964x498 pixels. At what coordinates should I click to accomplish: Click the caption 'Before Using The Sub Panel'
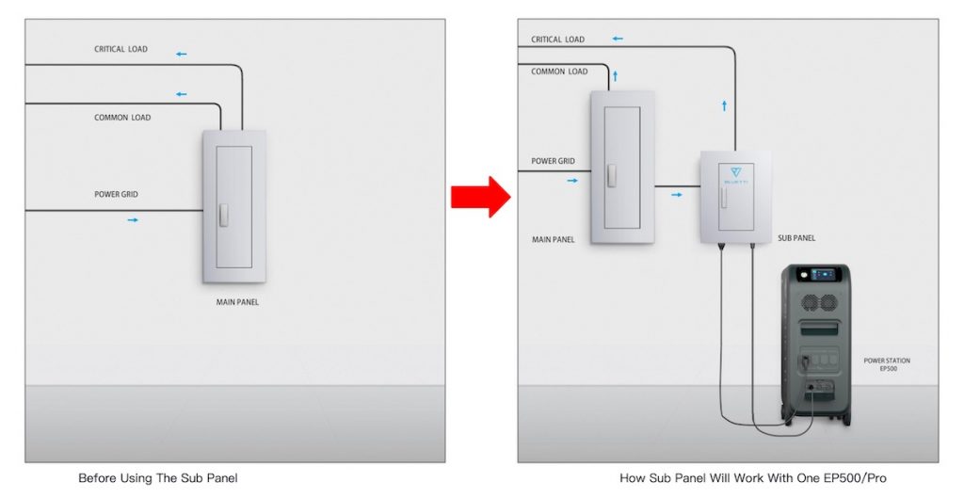click(157, 478)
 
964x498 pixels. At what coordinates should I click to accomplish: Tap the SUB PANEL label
click(796, 238)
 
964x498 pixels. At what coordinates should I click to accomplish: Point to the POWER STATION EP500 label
click(887, 365)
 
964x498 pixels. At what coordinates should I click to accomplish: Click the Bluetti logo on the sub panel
click(734, 173)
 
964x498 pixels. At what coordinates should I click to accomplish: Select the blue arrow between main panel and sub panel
click(677, 195)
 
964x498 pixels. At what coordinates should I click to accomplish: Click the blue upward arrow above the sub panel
click(724, 105)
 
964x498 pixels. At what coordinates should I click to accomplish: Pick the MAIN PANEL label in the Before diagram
click(237, 302)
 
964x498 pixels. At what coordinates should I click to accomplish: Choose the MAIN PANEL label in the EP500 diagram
click(554, 240)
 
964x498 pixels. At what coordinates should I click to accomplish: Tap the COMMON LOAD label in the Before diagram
click(122, 118)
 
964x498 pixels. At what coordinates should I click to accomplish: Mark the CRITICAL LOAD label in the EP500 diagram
click(557, 40)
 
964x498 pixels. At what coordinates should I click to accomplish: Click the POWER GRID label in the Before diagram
click(117, 195)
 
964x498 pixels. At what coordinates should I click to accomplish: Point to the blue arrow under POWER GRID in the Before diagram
click(133, 219)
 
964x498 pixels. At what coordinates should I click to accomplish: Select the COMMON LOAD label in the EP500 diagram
click(559, 72)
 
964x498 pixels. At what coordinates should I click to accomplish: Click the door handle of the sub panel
click(723, 200)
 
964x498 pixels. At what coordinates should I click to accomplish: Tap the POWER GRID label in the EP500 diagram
click(553, 161)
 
